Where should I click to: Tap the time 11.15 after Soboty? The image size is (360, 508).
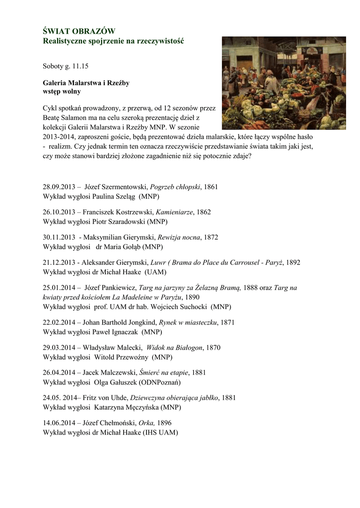(82, 65)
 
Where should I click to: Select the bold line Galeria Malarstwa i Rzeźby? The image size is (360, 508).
(86, 83)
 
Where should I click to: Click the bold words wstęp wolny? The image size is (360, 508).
(62, 92)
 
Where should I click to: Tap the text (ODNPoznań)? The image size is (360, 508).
(160, 382)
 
